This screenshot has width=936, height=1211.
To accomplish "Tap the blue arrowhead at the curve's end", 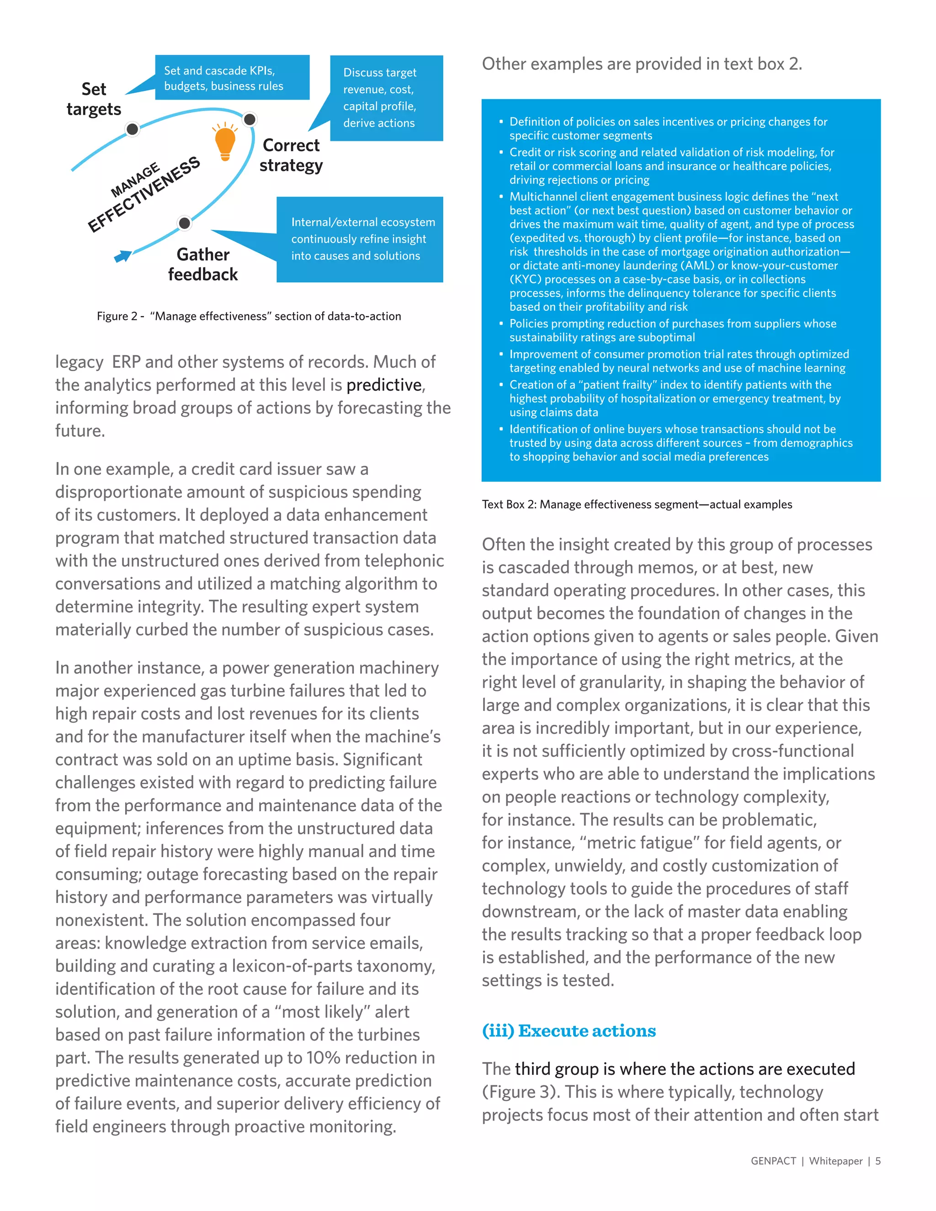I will pos(122,255).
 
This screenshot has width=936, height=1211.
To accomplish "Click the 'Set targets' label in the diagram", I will pos(94,99).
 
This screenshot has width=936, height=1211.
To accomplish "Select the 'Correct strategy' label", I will pos(291,155).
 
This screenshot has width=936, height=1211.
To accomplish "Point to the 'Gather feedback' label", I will pos(203,264).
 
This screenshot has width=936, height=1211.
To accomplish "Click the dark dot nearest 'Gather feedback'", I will pos(185,223).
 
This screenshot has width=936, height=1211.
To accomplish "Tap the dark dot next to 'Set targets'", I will pos(133,129).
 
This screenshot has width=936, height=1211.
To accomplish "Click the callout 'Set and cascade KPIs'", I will pos(231,78).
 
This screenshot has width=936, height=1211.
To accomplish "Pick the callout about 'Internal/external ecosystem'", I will pos(360,239).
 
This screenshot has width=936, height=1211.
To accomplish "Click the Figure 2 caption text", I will pos(249,316).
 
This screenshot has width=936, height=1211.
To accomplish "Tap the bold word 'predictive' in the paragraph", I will pos(384,385).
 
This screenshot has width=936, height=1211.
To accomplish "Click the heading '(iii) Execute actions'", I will pos(569,1030).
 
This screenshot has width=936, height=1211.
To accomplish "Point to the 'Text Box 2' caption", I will pos(637,504).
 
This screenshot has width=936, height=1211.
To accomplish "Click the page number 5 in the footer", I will pos(878,1161).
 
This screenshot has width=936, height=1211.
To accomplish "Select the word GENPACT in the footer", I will pos(773,1161).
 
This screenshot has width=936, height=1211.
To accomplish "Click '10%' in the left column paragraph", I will pos(323,1057).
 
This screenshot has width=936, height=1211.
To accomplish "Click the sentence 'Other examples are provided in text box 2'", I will pos(642,64).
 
